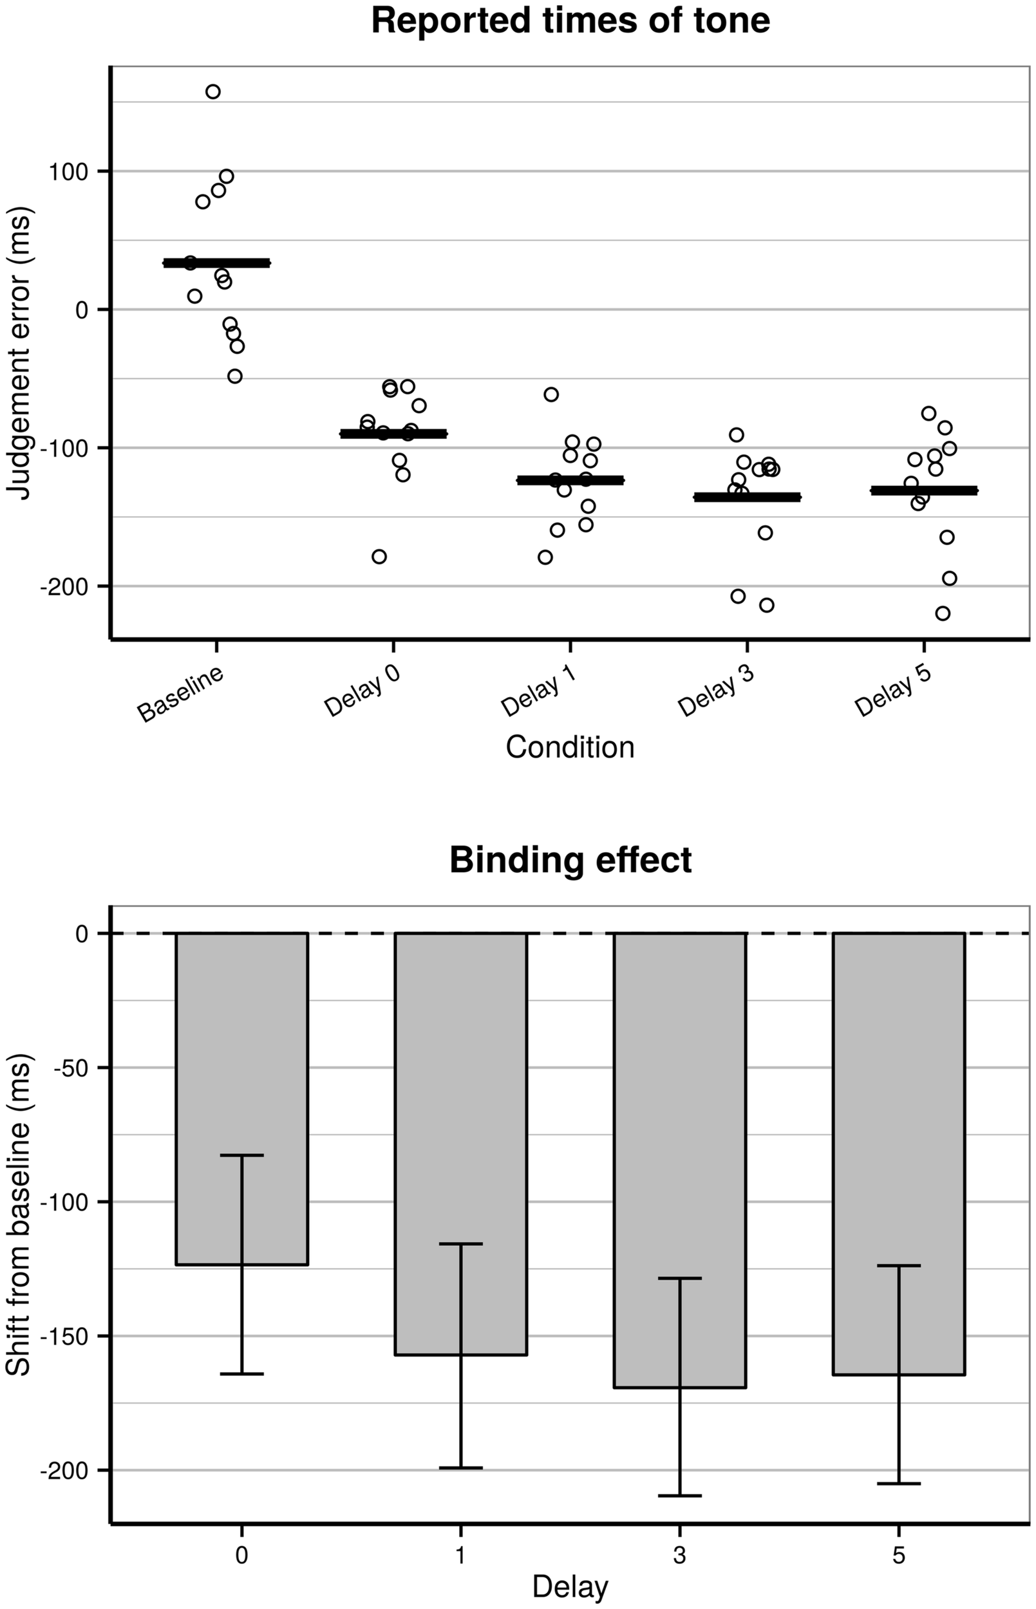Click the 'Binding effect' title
coord(570,860)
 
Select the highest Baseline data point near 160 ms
coord(212,92)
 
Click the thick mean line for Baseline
coord(216,263)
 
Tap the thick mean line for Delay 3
coord(747,497)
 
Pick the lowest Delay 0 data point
coord(379,557)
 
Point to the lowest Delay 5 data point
coord(943,613)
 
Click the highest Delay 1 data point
coord(551,395)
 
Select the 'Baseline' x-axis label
coord(180,694)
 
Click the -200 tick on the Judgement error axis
coord(64,586)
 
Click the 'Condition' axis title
coord(570,747)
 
